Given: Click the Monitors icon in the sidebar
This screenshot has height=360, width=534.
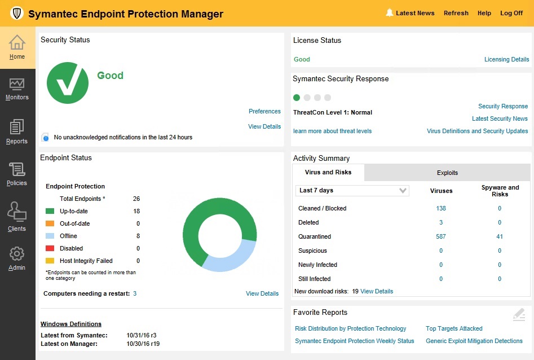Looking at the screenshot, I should coord(17,84).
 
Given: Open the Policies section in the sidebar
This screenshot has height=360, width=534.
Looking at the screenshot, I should coord(17,169).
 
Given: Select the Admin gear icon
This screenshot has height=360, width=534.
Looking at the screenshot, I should coord(17,254).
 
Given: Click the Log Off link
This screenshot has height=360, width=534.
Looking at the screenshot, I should coord(511,13).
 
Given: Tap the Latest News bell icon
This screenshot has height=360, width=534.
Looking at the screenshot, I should coord(389,13).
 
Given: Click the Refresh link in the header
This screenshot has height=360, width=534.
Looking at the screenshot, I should coord(456,13).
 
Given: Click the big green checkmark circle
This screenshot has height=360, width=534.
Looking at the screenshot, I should coord(68,83).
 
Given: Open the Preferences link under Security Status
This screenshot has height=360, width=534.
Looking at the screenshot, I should coord(264,111).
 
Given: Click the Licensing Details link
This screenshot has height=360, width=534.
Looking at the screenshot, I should coord(506,59).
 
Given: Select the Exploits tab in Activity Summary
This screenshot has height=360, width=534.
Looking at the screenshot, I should coord(447,173).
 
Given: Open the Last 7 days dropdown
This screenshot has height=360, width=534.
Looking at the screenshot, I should coord(352,191).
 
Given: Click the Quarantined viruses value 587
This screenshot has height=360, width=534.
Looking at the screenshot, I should coord(441,236).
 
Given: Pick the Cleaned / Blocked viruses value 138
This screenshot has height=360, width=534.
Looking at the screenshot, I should coord(441,208).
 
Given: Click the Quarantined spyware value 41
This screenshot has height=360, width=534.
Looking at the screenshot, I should coord(500,236).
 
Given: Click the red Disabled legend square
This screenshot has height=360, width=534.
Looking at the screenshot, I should coord(50,248).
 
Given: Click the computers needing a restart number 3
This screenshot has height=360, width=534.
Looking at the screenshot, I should coord(135,293).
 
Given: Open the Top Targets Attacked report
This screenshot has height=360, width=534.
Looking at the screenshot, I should coord(454,328).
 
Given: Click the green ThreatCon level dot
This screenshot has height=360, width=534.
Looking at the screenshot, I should coord(297,98).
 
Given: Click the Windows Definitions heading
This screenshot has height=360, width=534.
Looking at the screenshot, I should coord(71,324).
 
